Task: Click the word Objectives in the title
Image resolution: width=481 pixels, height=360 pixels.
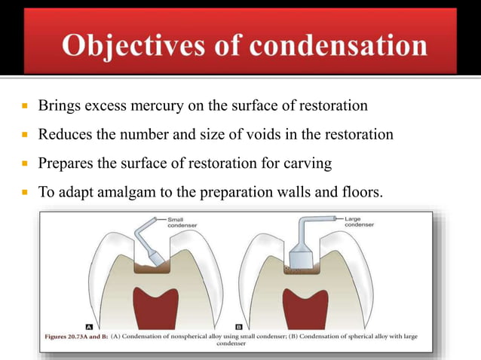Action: [124, 46]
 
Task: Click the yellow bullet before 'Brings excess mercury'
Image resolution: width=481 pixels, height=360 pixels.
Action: [24, 106]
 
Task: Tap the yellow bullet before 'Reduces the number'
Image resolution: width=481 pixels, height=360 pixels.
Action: [24, 136]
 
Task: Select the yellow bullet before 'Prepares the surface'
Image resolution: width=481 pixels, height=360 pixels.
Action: [24, 165]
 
